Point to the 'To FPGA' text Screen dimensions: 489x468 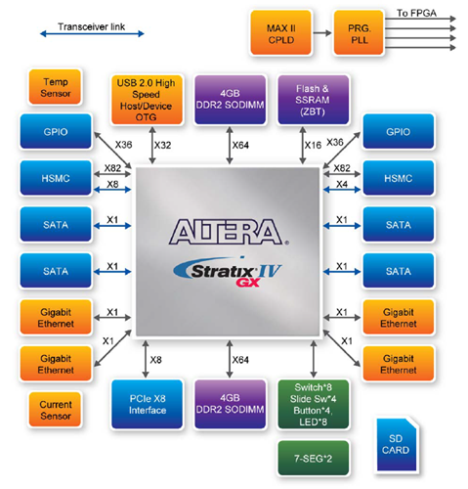(x=418, y=13)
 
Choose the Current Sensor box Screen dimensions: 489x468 (x=49, y=409)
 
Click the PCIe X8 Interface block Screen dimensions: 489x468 (x=148, y=404)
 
